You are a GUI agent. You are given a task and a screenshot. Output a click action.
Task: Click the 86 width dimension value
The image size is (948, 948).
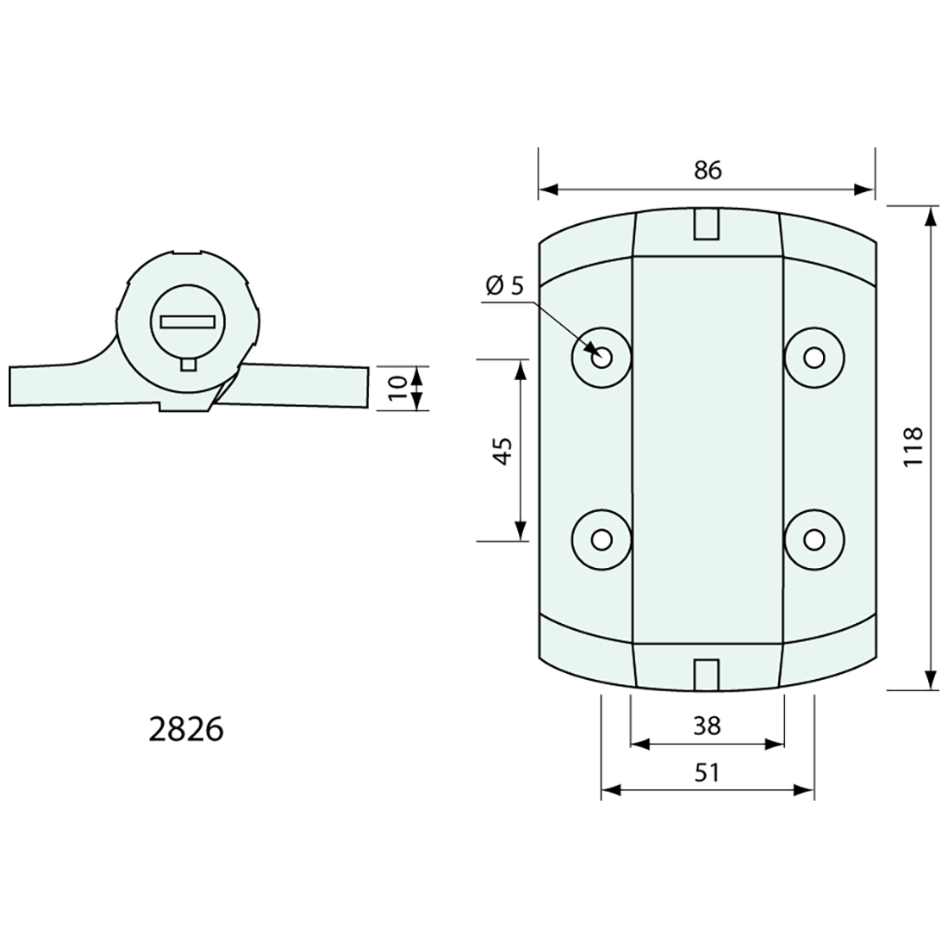pos(707,170)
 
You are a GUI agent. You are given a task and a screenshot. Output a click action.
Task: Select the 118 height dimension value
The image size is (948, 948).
pos(914,446)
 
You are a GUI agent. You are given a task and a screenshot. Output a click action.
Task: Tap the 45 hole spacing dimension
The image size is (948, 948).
pos(502,449)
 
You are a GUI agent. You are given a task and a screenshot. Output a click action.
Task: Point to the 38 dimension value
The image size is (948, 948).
pos(707,727)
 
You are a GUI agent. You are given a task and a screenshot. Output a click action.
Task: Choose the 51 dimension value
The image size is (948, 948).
pos(707,773)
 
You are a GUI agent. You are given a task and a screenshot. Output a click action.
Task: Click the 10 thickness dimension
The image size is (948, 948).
pos(396,388)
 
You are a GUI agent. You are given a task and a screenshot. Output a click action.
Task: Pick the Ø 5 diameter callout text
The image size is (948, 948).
pos(505,285)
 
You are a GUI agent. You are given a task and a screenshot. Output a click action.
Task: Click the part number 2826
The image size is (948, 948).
pos(186,729)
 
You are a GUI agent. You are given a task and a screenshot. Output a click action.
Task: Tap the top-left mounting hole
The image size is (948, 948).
pos(602,355)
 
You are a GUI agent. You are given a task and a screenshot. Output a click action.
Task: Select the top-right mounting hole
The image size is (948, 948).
pos(814,355)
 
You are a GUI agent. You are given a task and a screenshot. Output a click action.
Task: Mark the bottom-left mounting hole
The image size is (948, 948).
pos(602,539)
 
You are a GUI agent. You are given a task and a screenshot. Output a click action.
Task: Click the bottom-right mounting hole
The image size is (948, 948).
pos(814,539)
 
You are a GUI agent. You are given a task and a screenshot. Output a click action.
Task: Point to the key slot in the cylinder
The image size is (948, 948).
pos(187,321)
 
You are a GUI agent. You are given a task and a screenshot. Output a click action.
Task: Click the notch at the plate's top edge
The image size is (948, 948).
pos(707,223)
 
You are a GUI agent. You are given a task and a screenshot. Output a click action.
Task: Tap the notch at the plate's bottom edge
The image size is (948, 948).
pos(707,673)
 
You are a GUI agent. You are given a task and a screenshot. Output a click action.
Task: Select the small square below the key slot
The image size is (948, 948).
pos(188,365)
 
